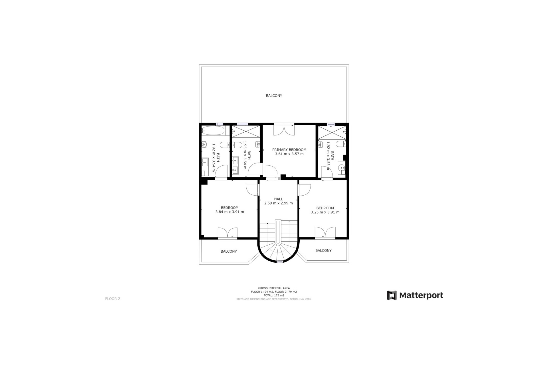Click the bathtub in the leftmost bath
pyautogui.click(x=213, y=131)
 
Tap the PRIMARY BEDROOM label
pyautogui.click(x=289, y=150)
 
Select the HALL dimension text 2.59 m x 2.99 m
pyautogui.click(x=278, y=203)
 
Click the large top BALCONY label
pyautogui.click(x=274, y=96)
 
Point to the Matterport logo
pyautogui.click(x=415, y=295)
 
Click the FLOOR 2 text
pyautogui.click(x=112, y=299)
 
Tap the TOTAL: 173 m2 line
pyautogui.click(x=274, y=295)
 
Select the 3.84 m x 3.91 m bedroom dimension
pyautogui.click(x=229, y=212)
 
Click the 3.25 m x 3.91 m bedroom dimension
pyautogui.click(x=325, y=212)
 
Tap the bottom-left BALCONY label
pyautogui.click(x=229, y=252)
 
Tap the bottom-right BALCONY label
pyautogui.click(x=323, y=251)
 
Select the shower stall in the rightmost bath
pyautogui.click(x=332, y=132)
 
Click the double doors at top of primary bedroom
pyautogui.click(x=284, y=130)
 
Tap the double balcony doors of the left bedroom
pyautogui.click(x=227, y=232)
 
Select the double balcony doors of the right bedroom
pyautogui.click(x=325, y=232)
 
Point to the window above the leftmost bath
pyautogui.click(x=219, y=124)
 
